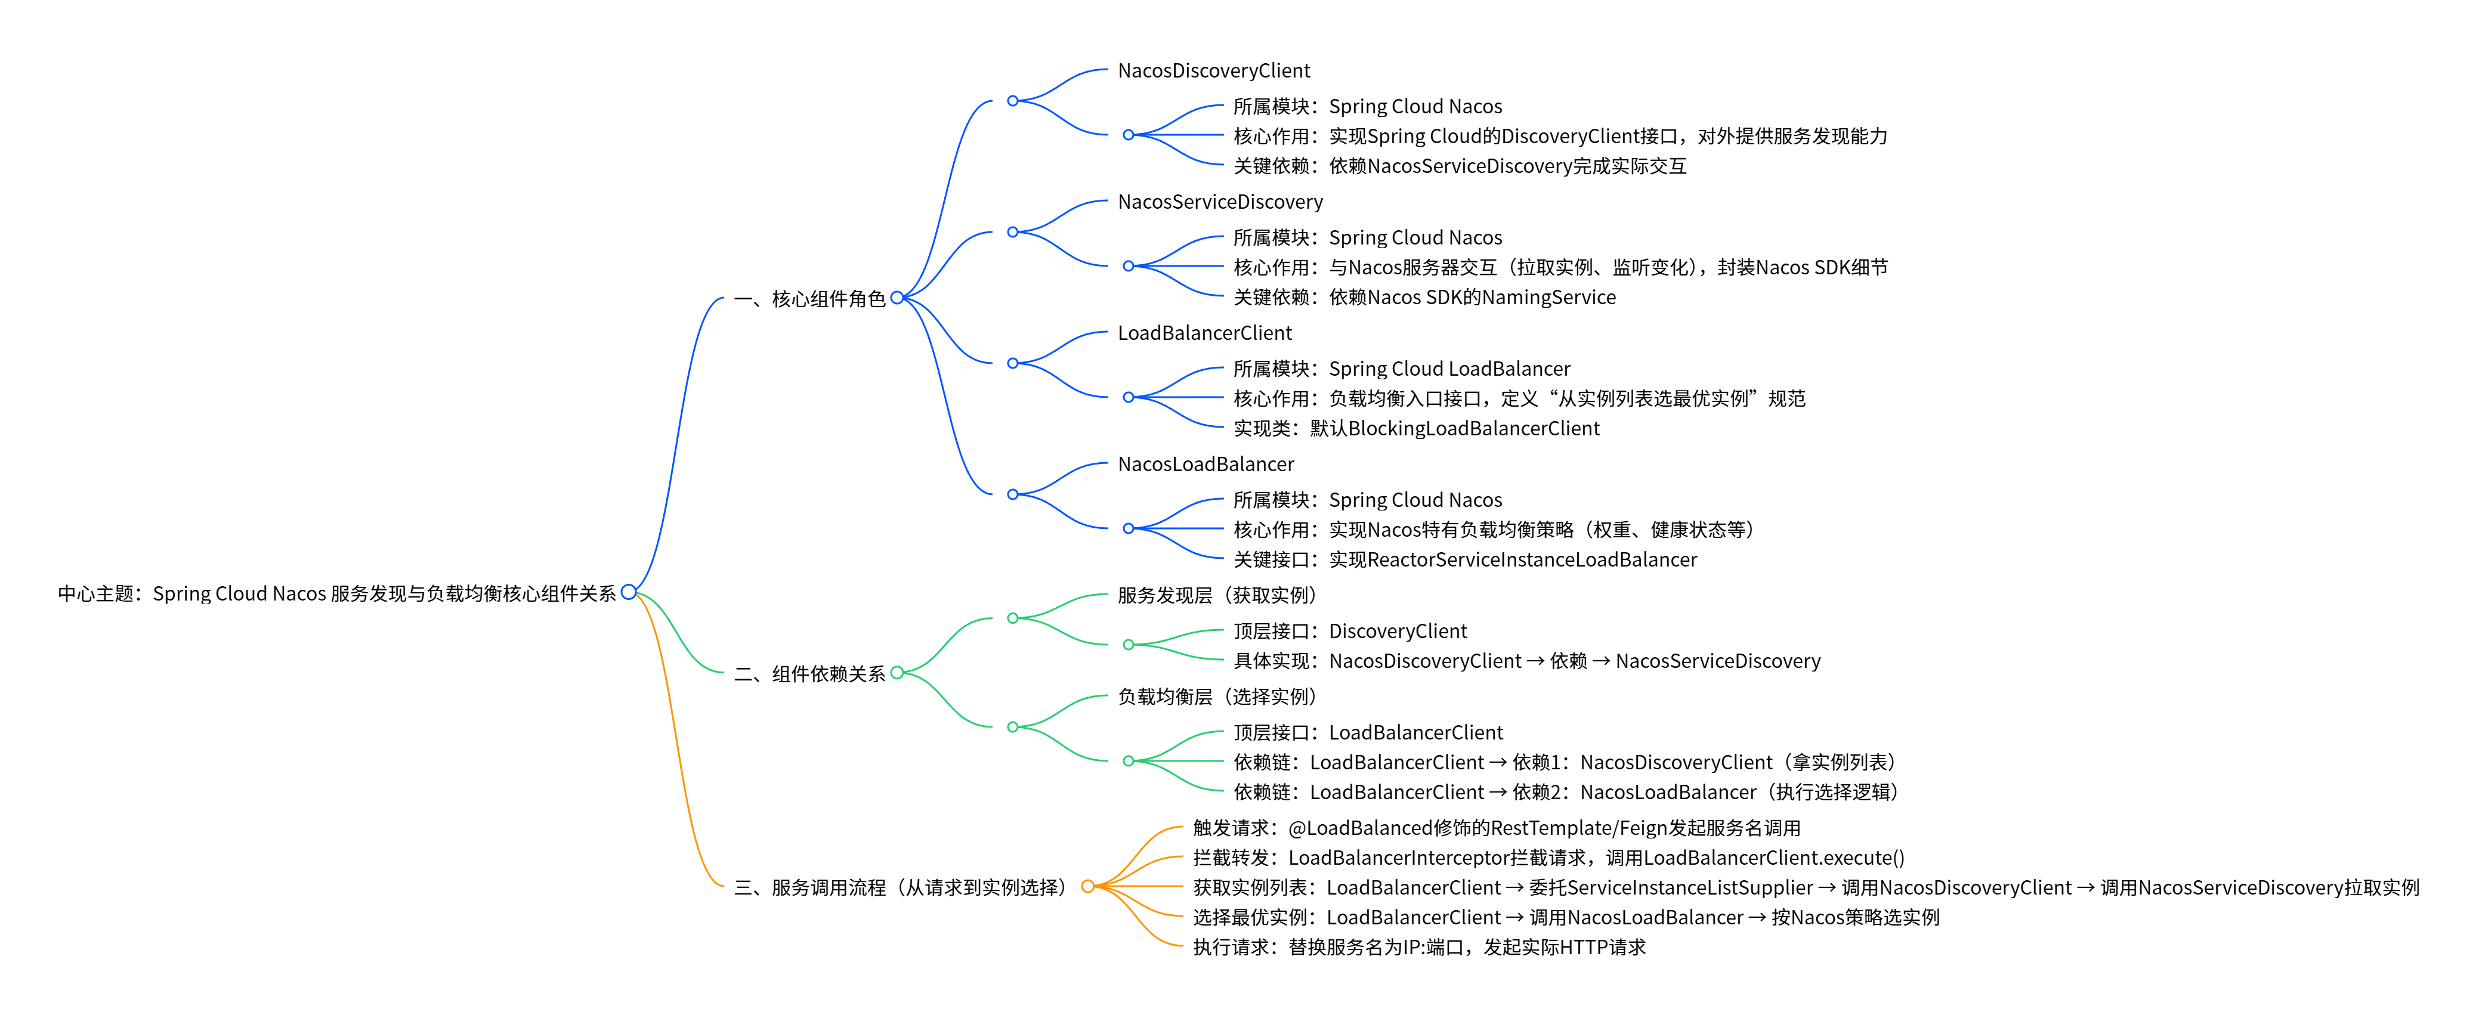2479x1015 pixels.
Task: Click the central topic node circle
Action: click(x=629, y=592)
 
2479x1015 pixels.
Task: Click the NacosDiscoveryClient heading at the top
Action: click(x=1213, y=70)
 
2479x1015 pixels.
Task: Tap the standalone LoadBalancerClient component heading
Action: click(x=1204, y=333)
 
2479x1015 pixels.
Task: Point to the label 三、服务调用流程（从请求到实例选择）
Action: click(x=900, y=887)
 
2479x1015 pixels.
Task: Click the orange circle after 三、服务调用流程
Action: click(x=1087, y=886)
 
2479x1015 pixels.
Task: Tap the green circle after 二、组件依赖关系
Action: click(x=897, y=673)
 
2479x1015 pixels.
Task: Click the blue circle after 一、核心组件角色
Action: click(x=897, y=298)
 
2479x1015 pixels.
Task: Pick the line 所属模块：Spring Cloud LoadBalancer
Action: click(x=1401, y=369)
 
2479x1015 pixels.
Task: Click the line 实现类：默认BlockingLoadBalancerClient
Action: click(x=1415, y=428)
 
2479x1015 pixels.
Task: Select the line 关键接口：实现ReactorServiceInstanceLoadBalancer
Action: click(x=1465, y=559)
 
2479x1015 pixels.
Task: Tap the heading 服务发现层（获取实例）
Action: click(x=1216, y=596)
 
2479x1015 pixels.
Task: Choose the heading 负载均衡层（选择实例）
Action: click(x=1216, y=697)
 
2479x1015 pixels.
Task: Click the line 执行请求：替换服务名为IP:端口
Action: click(x=1418, y=946)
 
